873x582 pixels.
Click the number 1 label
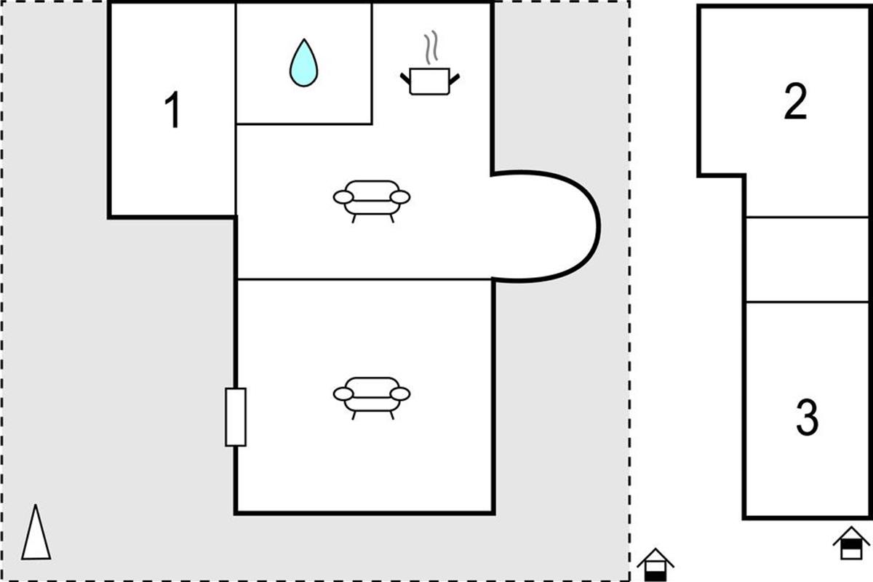point(172,110)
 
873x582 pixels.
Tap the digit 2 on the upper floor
point(795,101)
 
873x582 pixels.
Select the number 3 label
point(807,418)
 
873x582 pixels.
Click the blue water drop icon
point(303,63)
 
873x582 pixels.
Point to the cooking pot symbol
point(430,63)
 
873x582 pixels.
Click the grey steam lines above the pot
point(431,47)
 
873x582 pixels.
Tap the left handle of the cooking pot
point(405,79)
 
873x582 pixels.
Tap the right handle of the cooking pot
point(455,79)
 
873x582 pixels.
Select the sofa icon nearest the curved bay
point(372,201)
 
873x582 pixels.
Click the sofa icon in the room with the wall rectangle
point(372,399)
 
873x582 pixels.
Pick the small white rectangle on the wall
point(236,417)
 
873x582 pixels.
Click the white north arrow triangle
point(36,533)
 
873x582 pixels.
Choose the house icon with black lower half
point(655,565)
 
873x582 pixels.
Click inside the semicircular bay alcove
point(546,226)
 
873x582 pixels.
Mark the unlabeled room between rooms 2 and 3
point(808,260)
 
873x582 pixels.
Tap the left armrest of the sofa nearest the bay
point(343,197)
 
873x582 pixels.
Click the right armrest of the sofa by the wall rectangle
point(400,394)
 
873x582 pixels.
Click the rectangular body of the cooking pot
point(430,81)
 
